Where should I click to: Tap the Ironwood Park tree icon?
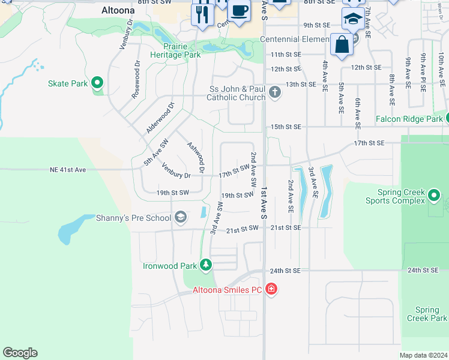tap(206, 265)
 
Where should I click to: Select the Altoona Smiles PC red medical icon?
tap(271, 290)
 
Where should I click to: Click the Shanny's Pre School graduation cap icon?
tap(180, 218)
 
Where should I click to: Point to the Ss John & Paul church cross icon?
tap(275, 92)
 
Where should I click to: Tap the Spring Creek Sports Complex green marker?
tap(434, 195)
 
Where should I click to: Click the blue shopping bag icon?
tap(342, 44)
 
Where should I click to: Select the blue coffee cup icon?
tap(240, 12)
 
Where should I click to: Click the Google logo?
tap(20, 353)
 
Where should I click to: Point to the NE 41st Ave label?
tap(68, 170)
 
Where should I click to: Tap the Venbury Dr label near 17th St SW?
tap(176, 175)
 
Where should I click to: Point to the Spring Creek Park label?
tap(431, 314)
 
